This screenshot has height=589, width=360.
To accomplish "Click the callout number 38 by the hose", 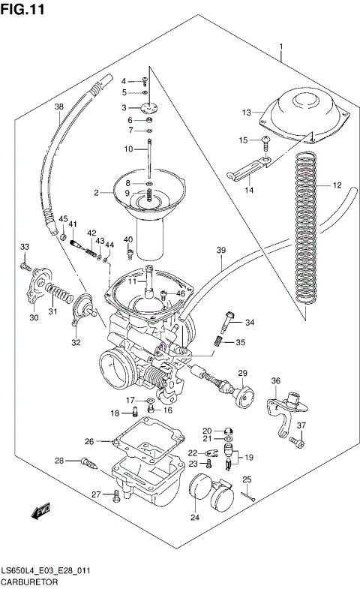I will click(x=58, y=107).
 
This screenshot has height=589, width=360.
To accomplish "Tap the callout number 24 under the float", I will click(x=195, y=516).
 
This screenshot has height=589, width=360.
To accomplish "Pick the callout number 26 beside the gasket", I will click(x=88, y=440).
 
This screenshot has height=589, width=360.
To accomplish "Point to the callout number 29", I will click(x=242, y=373).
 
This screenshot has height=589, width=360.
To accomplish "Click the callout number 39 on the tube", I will click(x=220, y=250).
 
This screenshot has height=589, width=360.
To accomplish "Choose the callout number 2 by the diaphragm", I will click(x=96, y=193).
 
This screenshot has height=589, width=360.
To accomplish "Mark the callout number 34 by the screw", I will click(x=249, y=323).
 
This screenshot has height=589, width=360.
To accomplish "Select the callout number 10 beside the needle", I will click(x=128, y=149).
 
